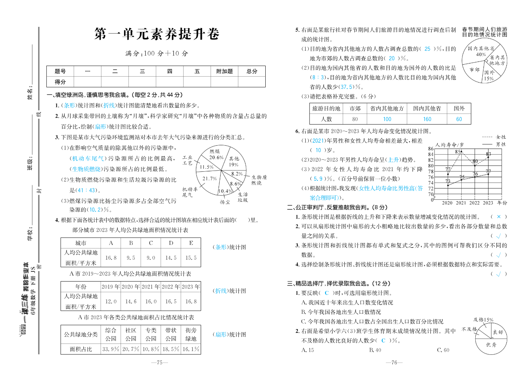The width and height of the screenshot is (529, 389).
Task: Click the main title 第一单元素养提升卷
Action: (157, 34)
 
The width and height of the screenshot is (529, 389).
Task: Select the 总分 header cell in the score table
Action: (252, 71)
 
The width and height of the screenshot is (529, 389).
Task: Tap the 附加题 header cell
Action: (224, 71)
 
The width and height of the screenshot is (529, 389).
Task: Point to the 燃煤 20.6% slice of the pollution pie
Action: (215, 155)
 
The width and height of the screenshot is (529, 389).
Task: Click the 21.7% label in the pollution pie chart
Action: (209, 179)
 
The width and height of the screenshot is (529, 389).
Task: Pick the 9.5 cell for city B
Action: (131, 258)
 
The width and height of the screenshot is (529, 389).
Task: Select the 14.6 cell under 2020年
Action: (131, 301)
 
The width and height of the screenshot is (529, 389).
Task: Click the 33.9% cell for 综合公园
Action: (110, 349)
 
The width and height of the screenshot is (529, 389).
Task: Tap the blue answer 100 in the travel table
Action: (387, 119)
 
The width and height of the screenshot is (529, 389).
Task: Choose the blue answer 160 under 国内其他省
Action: (427, 119)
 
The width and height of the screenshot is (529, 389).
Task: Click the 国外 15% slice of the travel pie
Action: (489, 75)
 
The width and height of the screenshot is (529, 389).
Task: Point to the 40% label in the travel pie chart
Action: (481, 55)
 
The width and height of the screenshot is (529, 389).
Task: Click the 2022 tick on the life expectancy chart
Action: (474, 203)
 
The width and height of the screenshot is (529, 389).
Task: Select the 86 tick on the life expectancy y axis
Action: (431, 149)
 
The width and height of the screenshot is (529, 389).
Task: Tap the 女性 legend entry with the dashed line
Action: (494, 137)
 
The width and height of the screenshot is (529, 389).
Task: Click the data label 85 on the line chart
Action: (458, 152)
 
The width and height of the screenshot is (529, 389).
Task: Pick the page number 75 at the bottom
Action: (159, 363)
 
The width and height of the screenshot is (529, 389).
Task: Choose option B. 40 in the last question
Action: (375, 350)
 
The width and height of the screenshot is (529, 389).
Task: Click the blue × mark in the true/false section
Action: (499, 217)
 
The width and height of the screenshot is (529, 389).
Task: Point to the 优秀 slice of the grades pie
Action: (491, 345)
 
